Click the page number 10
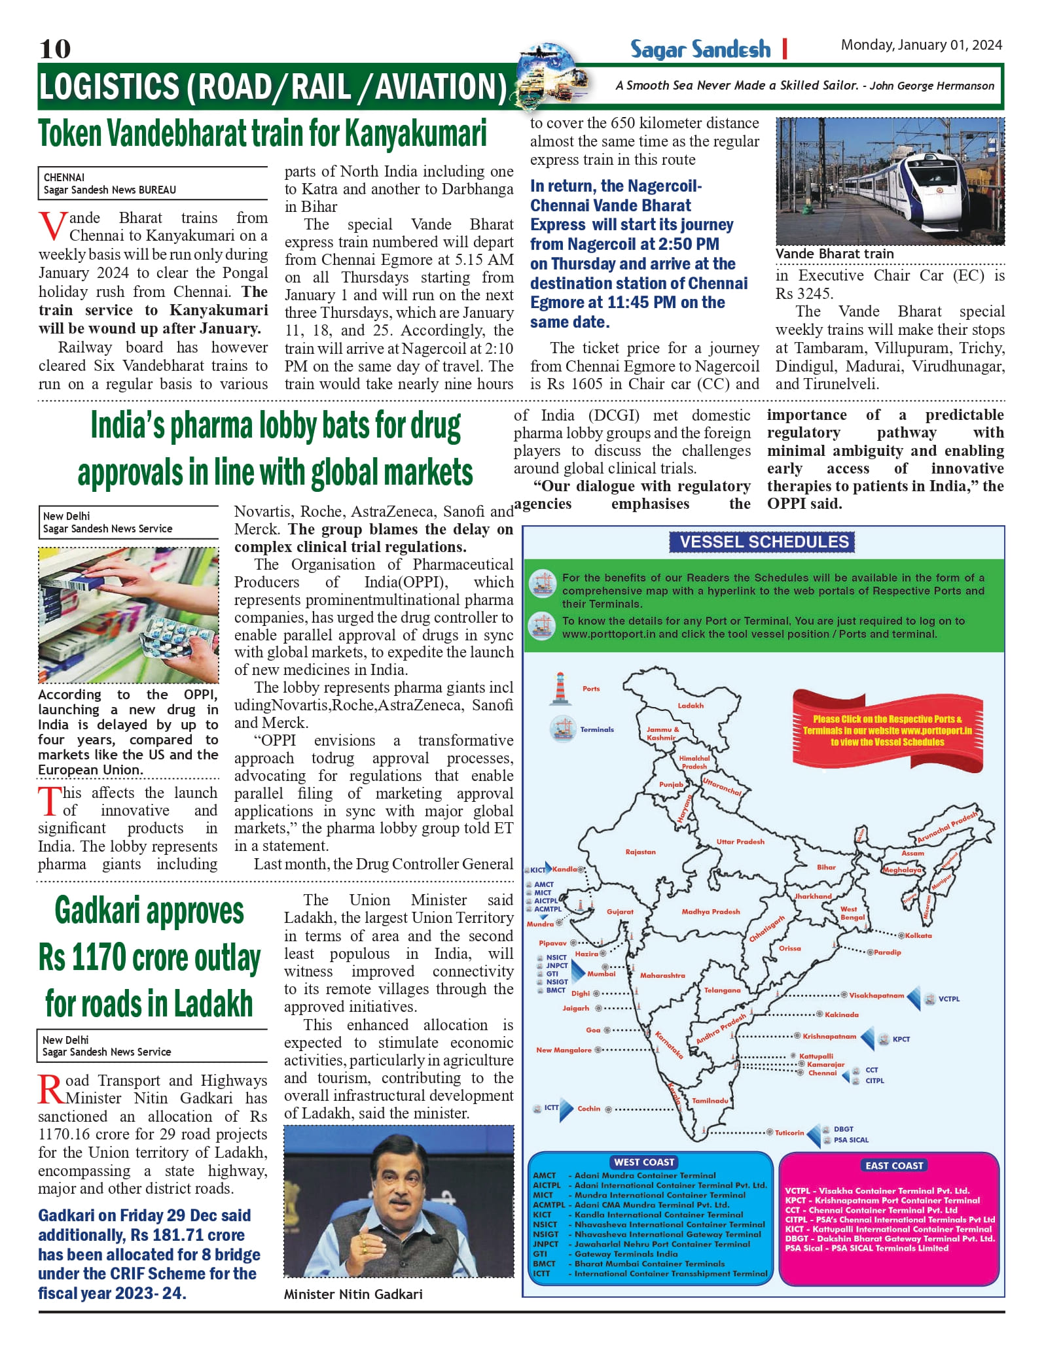pos(55,49)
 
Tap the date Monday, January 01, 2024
pos(921,45)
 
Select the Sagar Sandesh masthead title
pos(700,50)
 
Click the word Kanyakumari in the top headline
pos(415,134)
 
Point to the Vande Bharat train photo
pos(890,181)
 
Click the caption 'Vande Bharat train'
pos(834,254)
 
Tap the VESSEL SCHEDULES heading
pos(763,542)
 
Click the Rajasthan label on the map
pos(640,852)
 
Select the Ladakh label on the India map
pos(691,706)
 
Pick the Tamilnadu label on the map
pos(710,1101)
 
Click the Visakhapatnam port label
pos(876,996)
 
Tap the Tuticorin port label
pos(789,1133)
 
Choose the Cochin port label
pos(588,1109)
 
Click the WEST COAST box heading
pos(643,1162)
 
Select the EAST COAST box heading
pos(893,1166)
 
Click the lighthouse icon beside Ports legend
pos(560,689)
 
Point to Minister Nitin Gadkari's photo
pos(399,1201)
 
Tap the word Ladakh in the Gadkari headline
pos(213,1004)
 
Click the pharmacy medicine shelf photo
pos(128,615)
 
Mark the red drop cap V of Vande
pos(52,226)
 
